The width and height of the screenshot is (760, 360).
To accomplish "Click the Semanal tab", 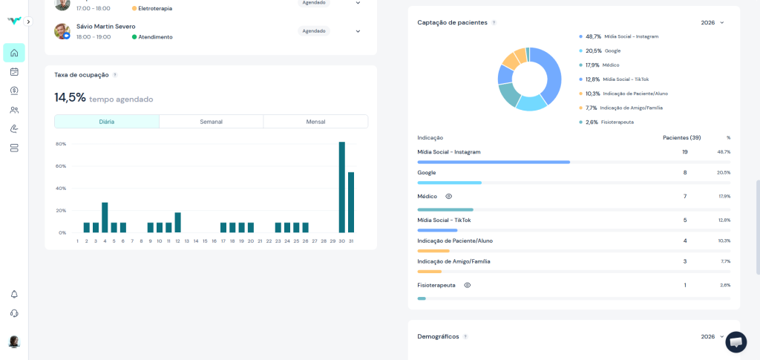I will (211, 122).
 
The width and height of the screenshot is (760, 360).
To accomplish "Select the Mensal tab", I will (315, 122).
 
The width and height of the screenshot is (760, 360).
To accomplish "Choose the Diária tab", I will (107, 122).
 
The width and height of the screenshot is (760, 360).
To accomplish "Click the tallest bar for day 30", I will (342, 187).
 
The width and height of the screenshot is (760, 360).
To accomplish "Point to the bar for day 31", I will (351, 202).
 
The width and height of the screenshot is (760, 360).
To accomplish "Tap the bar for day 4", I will (105, 217).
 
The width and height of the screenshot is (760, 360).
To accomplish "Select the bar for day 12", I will (177, 223).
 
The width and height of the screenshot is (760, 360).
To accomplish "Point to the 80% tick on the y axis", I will (61, 144).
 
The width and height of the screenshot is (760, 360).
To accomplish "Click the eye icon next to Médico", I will (448, 196).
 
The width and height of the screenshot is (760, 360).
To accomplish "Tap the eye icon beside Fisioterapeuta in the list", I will (467, 285).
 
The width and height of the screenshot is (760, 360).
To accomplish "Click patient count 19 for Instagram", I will (684, 151).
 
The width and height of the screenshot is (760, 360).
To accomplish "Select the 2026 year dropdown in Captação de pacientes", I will (712, 23).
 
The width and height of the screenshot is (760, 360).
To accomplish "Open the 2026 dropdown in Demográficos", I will (712, 336).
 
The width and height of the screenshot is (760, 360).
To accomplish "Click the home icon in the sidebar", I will (14, 53).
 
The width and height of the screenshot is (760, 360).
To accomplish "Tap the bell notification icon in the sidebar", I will (14, 295).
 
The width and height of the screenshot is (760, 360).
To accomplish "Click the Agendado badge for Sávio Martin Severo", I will (314, 31).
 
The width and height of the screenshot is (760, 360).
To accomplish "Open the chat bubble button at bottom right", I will (736, 341).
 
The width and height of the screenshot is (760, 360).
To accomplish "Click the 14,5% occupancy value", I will (70, 98).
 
